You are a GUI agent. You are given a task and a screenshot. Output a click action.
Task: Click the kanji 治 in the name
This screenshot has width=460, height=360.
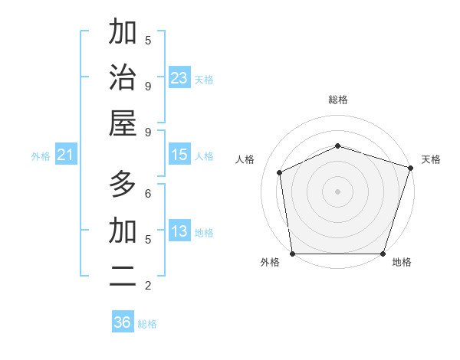(x=123, y=79)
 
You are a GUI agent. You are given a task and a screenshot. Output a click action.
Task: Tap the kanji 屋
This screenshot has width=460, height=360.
(x=123, y=125)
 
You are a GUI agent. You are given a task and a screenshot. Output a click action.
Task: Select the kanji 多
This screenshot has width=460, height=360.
(x=123, y=185)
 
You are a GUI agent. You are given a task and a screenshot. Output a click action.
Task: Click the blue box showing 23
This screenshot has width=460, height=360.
(x=179, y=78)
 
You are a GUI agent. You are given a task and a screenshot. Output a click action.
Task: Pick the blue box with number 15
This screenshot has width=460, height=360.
(x=179, y=155)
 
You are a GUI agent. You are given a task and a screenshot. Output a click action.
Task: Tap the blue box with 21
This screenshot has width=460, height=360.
(x=66, y=155)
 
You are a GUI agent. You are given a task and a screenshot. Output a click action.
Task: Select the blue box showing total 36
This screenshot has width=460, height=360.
(x=122, y=322)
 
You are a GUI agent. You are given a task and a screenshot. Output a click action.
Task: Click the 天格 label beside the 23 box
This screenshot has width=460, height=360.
(x=204, y=79)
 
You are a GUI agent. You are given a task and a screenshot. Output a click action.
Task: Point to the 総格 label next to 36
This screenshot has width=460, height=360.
(x=147, y=324)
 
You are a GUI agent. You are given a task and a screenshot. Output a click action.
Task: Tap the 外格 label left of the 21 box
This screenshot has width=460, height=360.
(x=41, y=156)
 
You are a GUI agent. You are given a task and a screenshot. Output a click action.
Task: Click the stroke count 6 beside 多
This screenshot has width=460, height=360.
(x=148, y=194)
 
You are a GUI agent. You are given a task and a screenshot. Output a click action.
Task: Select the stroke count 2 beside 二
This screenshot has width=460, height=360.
(x=148, y=286)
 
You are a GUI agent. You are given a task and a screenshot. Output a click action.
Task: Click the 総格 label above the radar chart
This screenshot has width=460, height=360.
(x=337, y=100)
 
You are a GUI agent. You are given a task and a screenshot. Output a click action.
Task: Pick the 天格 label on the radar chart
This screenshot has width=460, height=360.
(x=431, y=159)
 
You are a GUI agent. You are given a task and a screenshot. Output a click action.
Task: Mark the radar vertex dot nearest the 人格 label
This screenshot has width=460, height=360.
(x=280, y=172)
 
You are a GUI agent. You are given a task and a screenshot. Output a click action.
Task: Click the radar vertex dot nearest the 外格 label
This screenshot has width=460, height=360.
(x=292, y=254)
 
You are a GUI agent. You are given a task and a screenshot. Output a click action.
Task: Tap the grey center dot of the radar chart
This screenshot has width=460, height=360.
(x=337, y=191)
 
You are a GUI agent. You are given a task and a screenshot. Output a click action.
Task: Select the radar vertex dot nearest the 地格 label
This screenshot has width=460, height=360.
(x=383, y=254)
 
